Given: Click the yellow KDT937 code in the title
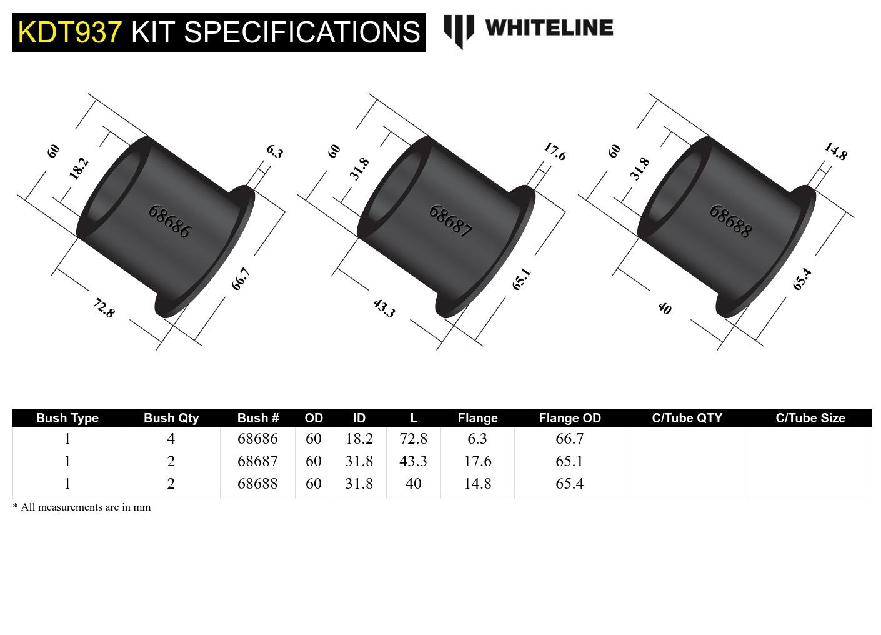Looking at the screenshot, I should [x=69, y=32].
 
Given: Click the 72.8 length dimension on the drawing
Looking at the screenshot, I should [x=104, y=308].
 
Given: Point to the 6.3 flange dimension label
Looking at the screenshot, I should [x=274, y=151].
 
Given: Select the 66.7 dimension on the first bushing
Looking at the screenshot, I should [x=241, y=279].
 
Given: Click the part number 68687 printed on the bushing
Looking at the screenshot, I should [x=450, y=221].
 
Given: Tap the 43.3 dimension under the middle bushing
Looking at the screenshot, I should [x=384, y=308].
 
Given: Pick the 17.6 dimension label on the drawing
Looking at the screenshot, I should [x=554, y=151].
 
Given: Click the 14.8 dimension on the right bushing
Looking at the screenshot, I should [x=835, y=151].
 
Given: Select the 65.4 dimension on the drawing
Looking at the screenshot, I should [x=802, y=279].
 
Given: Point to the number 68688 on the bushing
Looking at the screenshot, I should [x=730, y=221].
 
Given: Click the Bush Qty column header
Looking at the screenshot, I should [x=171, y=418].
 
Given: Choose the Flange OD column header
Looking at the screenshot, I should [x=570, y=418].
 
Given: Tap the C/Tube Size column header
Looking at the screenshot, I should [x=810, y=418].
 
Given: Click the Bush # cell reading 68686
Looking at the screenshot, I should [x=257, y=439].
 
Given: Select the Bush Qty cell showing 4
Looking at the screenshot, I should [x=171, y=439].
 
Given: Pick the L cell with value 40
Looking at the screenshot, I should [x=413, y=484].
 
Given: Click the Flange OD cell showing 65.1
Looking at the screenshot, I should [x=569, y=461].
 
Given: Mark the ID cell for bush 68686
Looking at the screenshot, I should [x=359, y=439].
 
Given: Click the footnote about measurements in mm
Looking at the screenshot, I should [x=82, y=507].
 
